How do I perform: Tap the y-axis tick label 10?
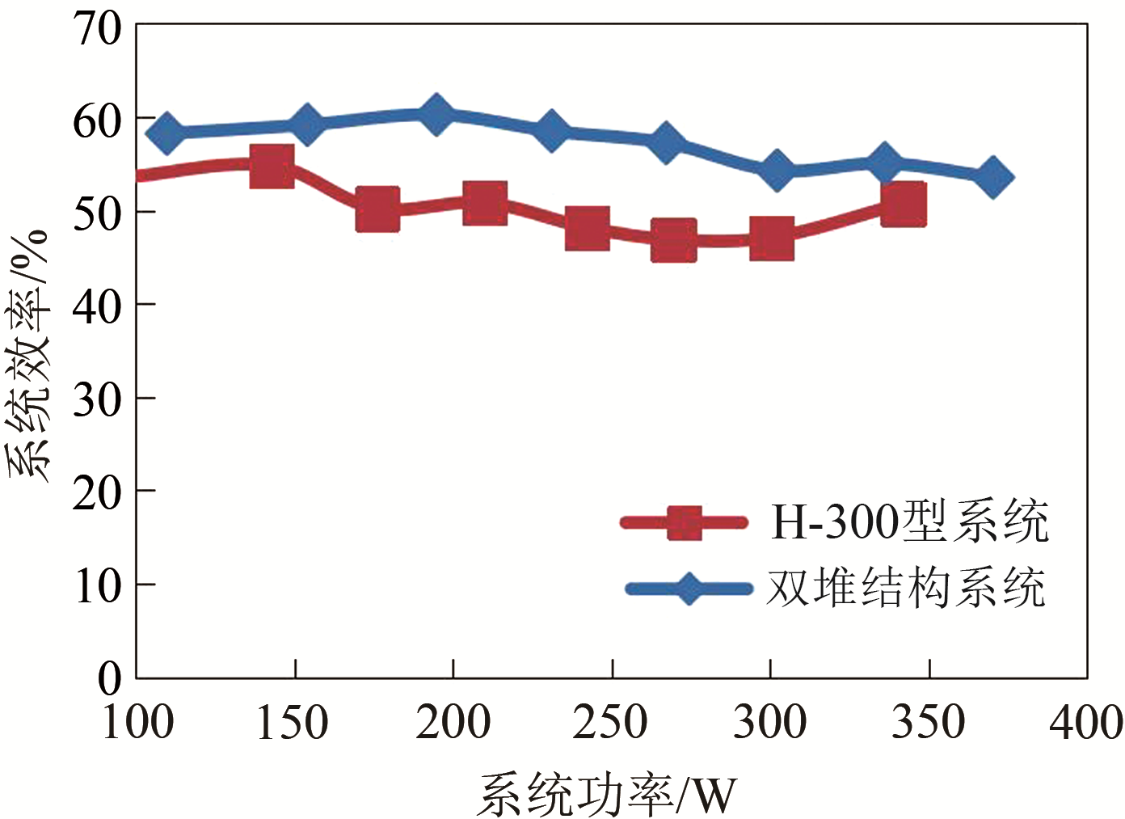[x=97, y=585]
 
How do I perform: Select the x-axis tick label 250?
[x=610, y=722]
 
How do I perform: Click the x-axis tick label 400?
[x=1085, y=722]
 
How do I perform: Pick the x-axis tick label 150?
[x=293, y=722]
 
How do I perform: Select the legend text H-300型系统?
[x=909, y=521]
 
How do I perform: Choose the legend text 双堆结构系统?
[x=905, y=588]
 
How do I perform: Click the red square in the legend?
[x=684, y=522]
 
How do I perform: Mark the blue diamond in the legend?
[x=689, y=588]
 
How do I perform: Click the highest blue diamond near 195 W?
[x=436, y=114]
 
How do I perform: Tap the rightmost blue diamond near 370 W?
[x=992, y=177]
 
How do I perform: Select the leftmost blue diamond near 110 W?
[x=167, y=133]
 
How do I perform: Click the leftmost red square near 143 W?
[x=272, y=167]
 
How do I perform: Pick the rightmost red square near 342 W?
[x=903, y=203]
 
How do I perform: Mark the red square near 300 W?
[x=771, y=239]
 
